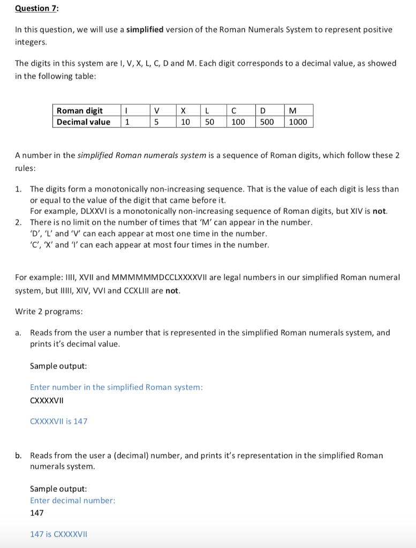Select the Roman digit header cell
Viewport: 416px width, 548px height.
click(x=80, y=110)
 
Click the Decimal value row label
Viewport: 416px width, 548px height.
click(x=84, y=121)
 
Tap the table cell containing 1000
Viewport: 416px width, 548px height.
click(x=298, y=121)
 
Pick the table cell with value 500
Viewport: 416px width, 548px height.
click(x=267, y=121)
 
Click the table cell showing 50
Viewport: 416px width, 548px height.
click(x=209, y=121)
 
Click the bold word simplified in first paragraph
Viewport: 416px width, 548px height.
click(x=145, y=29)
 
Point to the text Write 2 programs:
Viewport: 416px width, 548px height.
click(x=49, y=311)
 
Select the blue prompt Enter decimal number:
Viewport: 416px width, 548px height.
click(x=72, y=500)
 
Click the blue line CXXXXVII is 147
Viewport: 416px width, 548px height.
click(x=58, y=421)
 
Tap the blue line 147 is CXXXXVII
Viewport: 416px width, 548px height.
click(x=58, y=534)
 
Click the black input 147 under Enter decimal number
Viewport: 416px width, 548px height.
click(x=37, y=513)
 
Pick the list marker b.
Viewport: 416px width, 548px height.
click(x=19, y=455)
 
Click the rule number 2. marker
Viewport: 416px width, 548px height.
click(x=19, y=222)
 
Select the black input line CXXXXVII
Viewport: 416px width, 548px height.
click(x=49, y=400)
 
